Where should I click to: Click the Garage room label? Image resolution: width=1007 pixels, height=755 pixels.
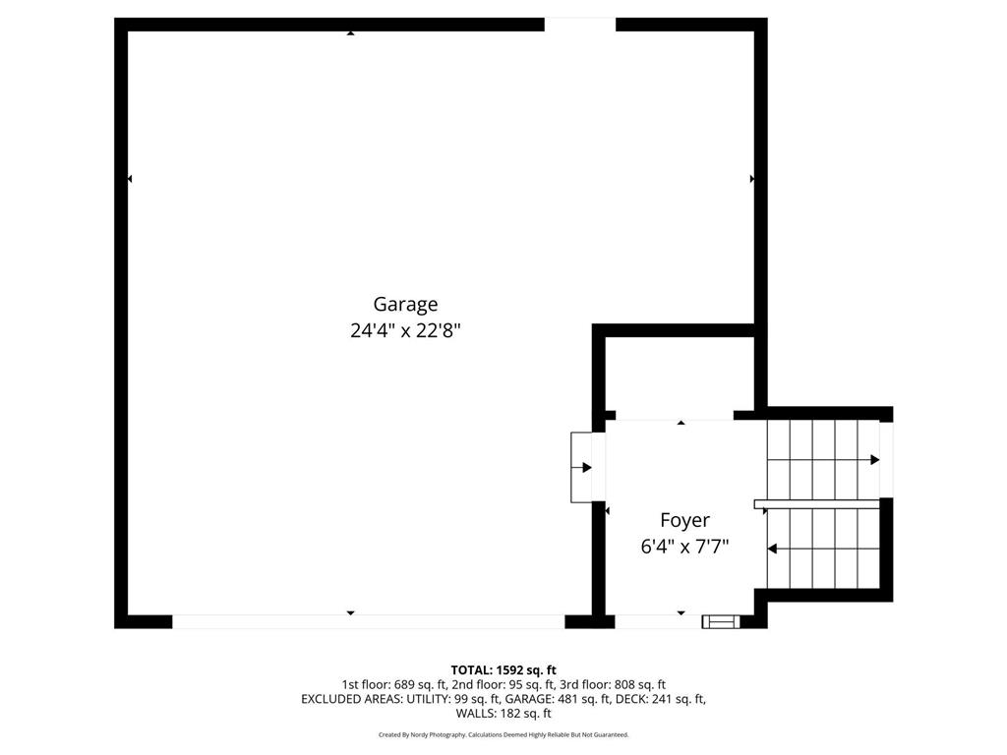405,305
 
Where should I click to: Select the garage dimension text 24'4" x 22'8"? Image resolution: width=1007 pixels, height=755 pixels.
405,331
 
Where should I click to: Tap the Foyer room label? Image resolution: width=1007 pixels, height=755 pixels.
684,521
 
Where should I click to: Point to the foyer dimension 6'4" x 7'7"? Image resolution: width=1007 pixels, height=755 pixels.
684,547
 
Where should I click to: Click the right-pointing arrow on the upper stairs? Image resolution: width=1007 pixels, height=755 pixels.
873,460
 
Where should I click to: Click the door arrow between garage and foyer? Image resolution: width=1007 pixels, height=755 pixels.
587,467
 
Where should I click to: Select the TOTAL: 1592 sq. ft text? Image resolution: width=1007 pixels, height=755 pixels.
503,669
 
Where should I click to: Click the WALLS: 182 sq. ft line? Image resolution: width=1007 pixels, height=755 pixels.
503,714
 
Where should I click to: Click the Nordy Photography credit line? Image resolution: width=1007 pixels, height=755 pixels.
503,734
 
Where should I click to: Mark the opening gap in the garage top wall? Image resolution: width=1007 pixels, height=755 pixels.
580,25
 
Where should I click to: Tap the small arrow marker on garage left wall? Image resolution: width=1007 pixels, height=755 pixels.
130,179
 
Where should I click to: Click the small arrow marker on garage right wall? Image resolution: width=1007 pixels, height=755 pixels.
752,179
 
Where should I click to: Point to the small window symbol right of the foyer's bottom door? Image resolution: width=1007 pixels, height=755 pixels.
719,621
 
